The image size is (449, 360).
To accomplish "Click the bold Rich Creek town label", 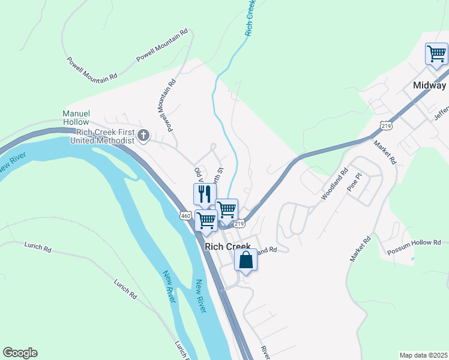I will coord(227,247).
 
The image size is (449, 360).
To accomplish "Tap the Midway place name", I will coord(429,85).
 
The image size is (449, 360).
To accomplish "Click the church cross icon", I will coord(143,136).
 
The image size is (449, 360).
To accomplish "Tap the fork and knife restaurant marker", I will coord(204,194).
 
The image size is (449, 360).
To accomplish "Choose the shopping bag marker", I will coord(246,260).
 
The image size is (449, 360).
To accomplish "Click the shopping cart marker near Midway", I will coord(436,54).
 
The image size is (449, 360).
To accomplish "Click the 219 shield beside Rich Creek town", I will coord(239,223).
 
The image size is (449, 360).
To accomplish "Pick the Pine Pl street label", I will coord(356,183).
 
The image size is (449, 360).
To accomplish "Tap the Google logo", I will coord(20,353).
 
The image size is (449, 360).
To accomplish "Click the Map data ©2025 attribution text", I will coord(423,355).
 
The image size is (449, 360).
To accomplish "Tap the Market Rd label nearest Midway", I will coord(385,154).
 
